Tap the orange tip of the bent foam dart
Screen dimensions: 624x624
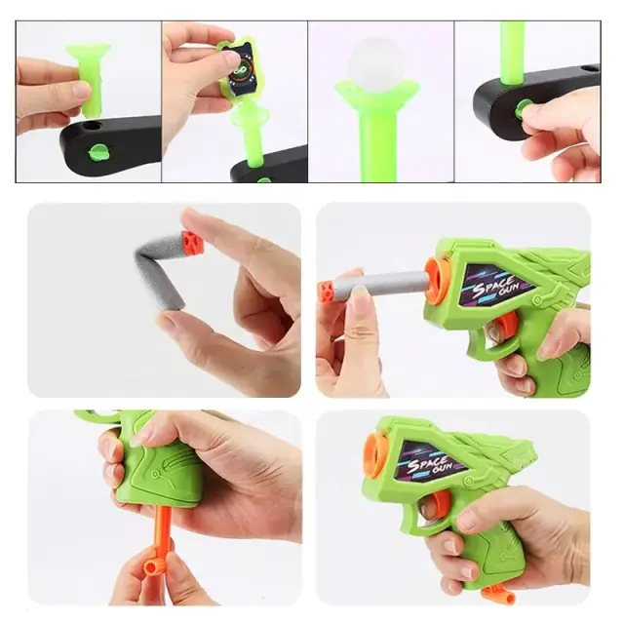point(193,242)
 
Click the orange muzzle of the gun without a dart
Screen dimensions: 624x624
point(376,454)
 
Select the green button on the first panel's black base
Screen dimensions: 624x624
point(97,153)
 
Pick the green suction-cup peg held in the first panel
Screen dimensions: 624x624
point(89,79)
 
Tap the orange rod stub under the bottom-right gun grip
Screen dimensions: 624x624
point(496,593)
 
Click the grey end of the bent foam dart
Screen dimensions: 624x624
point(170,300)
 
